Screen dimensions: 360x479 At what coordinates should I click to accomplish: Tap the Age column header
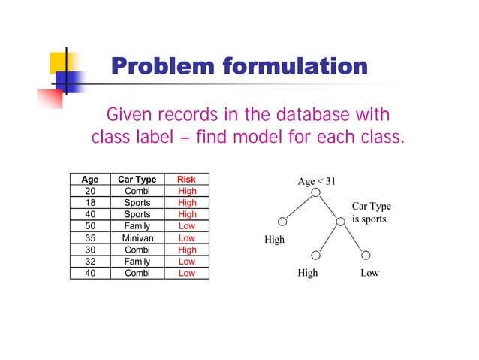point(89,180)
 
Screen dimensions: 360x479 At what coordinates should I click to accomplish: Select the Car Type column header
point(137,180)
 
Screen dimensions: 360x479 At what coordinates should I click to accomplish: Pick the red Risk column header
point(186,180)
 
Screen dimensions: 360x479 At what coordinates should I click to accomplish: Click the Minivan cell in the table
point(137,238)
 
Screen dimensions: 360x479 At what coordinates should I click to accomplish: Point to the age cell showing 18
point(89,203)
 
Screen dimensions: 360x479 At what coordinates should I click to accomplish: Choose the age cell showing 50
point(89,226)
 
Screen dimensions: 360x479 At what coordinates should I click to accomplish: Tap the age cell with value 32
point(89,262)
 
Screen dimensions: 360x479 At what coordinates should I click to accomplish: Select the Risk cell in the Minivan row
point(186,238)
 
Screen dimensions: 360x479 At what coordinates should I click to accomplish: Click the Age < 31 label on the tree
point(317,181)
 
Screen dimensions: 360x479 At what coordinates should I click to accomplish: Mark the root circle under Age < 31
point(316,193)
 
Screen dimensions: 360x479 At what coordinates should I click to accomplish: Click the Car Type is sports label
point(371,213)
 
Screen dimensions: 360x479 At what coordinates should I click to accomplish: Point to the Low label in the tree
point(369,274)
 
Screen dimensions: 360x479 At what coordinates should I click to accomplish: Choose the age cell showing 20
point(89,191)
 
